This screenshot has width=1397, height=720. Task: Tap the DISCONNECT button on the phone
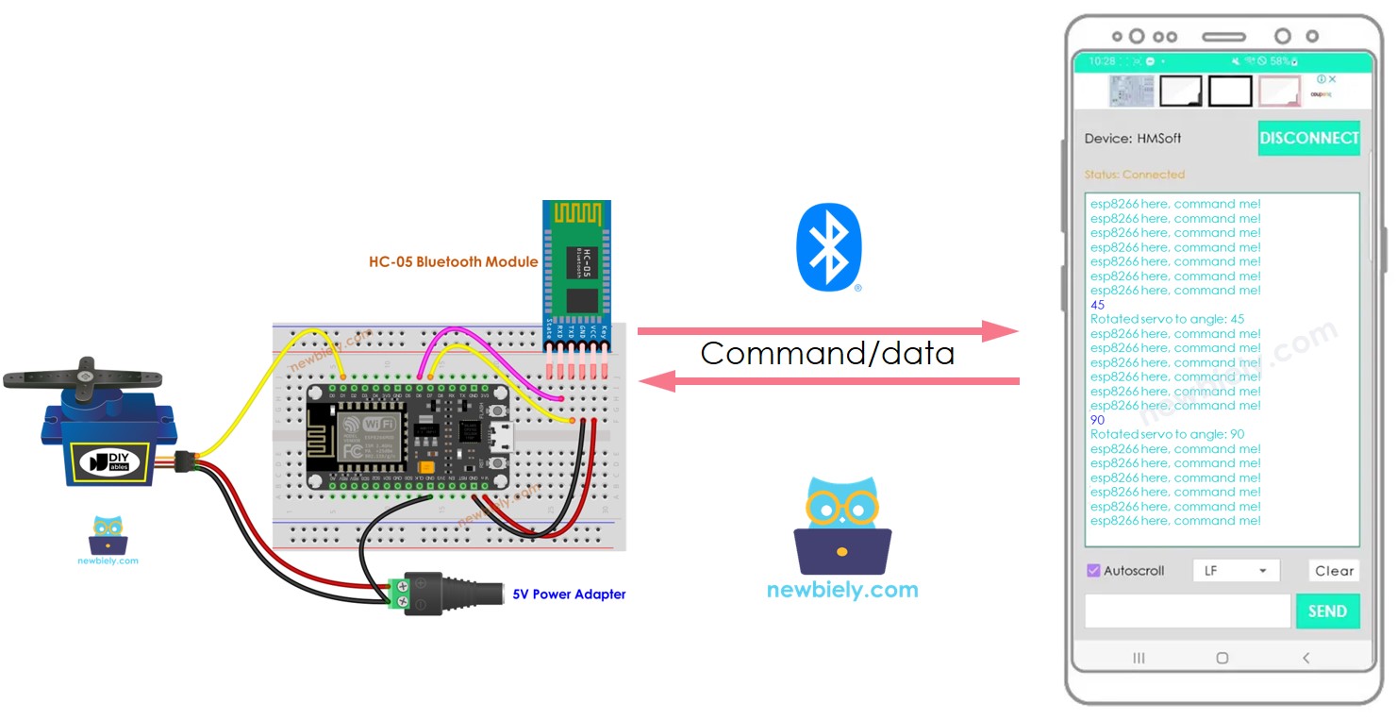(1308, 138)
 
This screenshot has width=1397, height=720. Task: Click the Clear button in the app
(1334, 571)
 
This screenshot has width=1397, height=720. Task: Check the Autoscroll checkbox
(1093, 571)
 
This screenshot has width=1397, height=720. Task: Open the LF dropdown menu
(1236, 571)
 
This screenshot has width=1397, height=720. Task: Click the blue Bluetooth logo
(828, 246)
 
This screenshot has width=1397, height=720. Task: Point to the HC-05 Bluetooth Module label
(453, 261)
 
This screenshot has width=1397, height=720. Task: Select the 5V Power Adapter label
(569, 594)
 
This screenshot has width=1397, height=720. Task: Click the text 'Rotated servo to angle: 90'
(1167, 434)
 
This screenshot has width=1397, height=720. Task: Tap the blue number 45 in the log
(1097, 305)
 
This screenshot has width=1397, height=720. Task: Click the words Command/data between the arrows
(827, 354)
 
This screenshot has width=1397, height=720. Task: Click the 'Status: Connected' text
(1134, 175)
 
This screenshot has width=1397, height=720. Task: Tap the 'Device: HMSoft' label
(1132, 139)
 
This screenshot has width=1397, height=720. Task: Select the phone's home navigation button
(1222, 658)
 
